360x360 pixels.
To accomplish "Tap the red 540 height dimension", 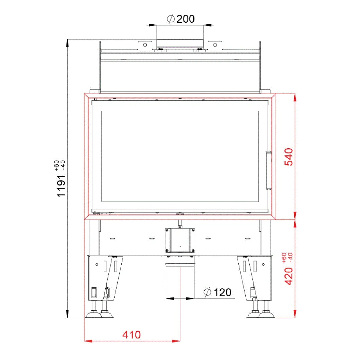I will [288, 157].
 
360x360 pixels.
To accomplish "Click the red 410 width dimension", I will [131, 335].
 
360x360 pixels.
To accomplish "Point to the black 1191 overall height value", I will [61, 185].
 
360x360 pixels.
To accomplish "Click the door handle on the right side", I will [268, 170].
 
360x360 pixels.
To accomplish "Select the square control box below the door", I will [180, 239].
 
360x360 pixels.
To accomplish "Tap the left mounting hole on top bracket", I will [145, 45].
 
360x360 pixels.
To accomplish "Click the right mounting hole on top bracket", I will [215, 45].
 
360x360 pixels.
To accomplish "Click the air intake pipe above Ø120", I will [180, 280].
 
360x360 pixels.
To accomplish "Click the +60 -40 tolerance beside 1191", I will [59, 166].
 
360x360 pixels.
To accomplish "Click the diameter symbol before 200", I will [171, 19].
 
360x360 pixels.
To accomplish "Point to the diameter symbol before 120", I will [208, 292].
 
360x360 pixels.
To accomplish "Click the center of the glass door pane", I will [180, 157].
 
